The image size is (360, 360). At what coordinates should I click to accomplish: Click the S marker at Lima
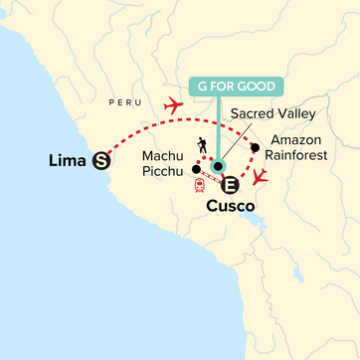99,158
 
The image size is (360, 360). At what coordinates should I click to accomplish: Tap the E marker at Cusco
230,185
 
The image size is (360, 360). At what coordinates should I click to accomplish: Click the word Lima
66,158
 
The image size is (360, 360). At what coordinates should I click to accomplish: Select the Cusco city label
231,207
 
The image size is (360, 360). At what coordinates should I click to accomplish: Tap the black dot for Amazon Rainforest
256,148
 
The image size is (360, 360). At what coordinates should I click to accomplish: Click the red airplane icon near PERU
173,102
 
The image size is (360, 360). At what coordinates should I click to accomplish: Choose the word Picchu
161,173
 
